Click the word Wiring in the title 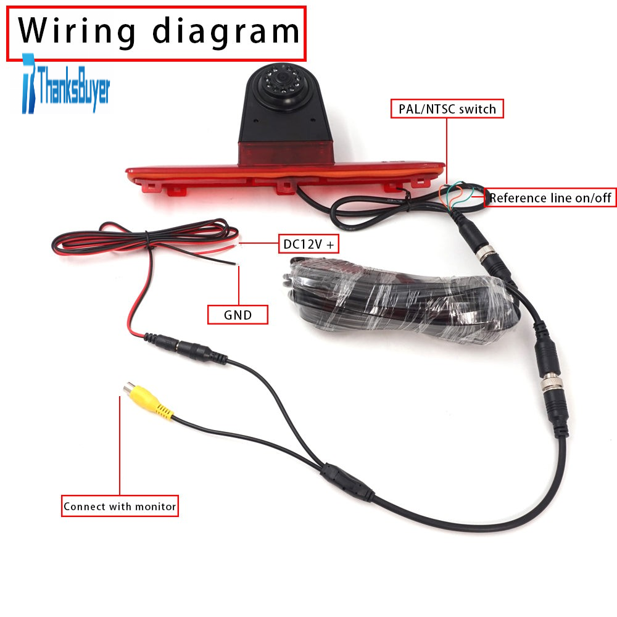(77, 31)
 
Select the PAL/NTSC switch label (447, 109)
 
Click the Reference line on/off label (550, 197)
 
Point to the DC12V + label (308, 244)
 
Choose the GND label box (238, 315)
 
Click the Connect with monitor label (120, 506)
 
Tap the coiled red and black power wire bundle (145, 240)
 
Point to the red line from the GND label (238, 285)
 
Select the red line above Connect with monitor (120, 445)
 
